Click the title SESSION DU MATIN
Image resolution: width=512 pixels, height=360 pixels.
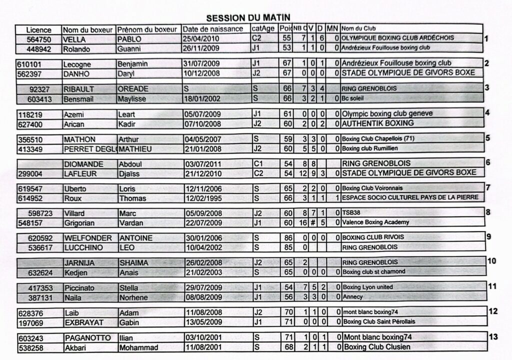(x=248, y=18)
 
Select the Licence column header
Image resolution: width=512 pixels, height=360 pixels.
(x=38, y=29)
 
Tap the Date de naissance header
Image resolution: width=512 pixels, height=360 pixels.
(x=212, y=29)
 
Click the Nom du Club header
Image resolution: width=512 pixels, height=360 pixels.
(x=358, y=29)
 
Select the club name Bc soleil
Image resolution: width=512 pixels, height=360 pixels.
(x=353, y=99)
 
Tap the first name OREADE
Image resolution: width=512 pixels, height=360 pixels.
(x=132, y=89)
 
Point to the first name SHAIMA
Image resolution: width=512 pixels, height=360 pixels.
(x=133, y=262)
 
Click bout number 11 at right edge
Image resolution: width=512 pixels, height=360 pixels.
(x=492, y=286)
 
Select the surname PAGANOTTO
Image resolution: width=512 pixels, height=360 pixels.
(x=87, y=338)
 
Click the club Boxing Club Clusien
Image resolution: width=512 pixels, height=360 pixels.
(x=377, y=347)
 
